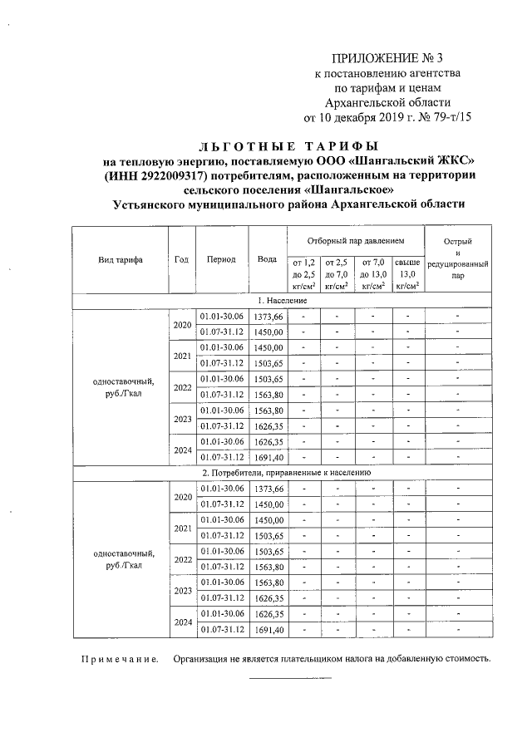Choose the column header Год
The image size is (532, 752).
coord(182,259)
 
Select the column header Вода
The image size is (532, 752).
coord(267,259)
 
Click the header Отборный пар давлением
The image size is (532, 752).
coord(356,240)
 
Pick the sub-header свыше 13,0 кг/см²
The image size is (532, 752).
coord(406,274)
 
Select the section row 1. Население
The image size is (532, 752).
coord(282,301)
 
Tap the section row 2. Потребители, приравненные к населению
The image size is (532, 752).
coord(282,473)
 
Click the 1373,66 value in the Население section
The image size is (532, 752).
coord(268,317)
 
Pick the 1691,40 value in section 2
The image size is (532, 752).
coord(268,630)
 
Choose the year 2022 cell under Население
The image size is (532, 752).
coord(182,386)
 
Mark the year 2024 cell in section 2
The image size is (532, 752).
coord(182,622)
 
